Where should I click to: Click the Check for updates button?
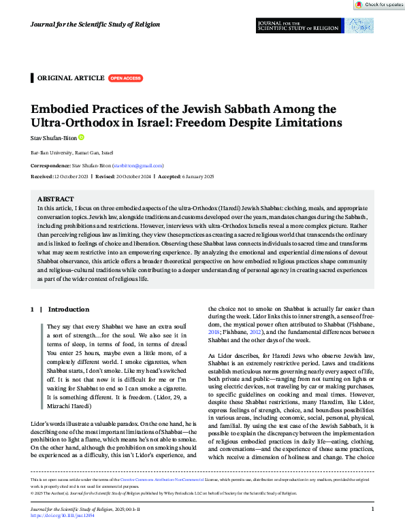point(379,4)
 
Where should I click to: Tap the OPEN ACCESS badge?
point(126,78)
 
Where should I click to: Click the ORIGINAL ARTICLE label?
point(70,78)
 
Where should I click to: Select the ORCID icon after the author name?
point(81,137)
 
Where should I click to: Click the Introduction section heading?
point(68,309)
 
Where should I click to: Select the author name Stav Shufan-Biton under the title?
point(54,137)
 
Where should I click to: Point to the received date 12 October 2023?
point(69,176)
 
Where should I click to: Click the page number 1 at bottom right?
point(372,508)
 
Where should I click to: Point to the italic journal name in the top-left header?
point(95,24)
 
